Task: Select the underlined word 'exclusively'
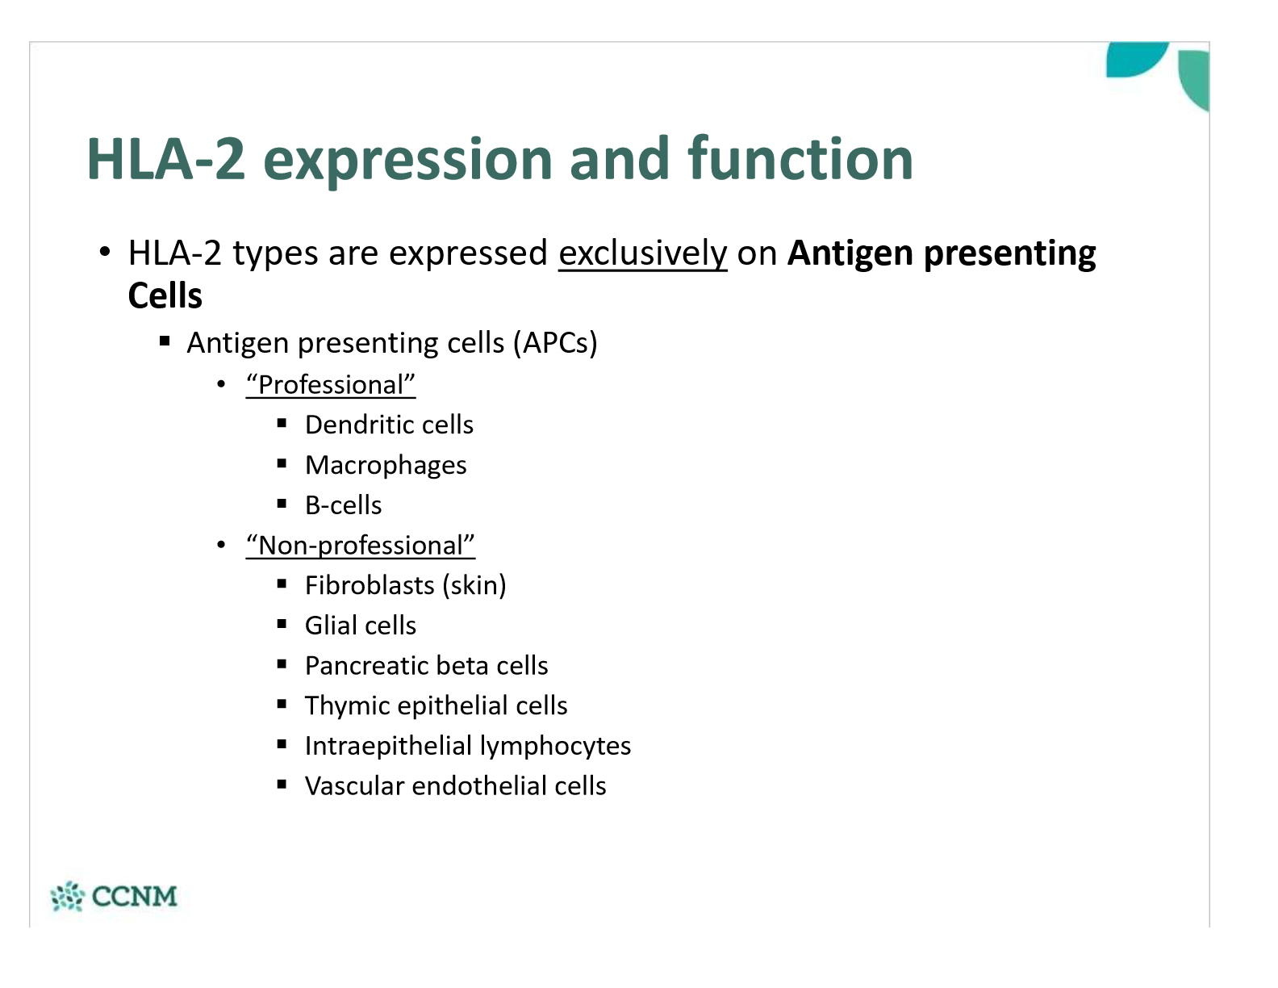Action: click(x=642, y=253)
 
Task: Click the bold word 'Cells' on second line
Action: click(x=165, y=296)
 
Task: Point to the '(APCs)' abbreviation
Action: click(x=555, y=343)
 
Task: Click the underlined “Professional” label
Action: click(x=331, y=385)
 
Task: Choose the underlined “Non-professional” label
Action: click(x=360, y=546)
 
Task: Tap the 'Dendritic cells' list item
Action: click(x=389, y=425)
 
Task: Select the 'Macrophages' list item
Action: click(x=386, y=466)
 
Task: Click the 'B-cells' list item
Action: click(x=343, y=505)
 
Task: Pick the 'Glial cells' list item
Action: click(x=360, y=626)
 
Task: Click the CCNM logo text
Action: click(x=134, y=896)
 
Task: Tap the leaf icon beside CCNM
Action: click(x=67, y=896)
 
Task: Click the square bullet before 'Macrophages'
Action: click(x=282, y=463)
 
